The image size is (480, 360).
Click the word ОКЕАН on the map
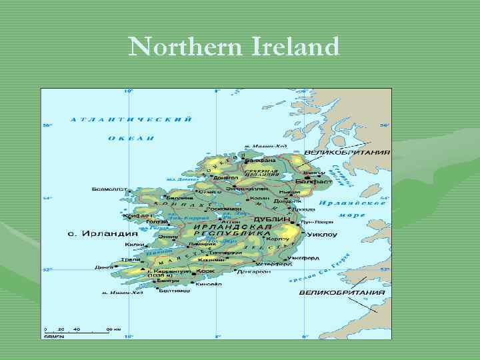click(x=131, y=138)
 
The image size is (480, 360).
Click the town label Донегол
click(x=227, y=178)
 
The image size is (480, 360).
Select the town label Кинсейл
click(x=209, y=283)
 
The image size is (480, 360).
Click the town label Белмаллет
click(x=108, y=189)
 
